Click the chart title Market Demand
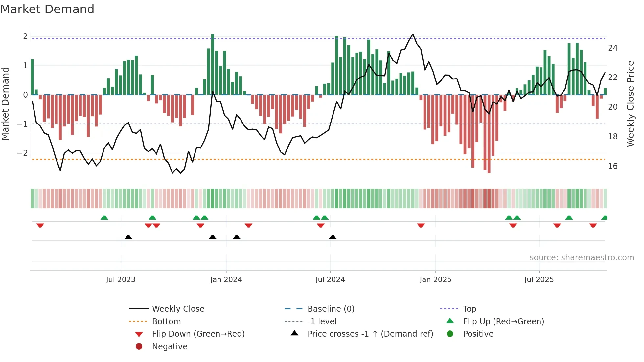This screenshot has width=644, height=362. [47, 9]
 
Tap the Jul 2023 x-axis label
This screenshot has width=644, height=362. [121, 280]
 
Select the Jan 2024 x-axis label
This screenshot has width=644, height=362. [226, 280]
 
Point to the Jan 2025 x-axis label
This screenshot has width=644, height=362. [435, 280]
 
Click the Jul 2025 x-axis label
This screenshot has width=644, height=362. [539, 280]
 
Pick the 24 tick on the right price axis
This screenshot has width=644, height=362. [612, 48]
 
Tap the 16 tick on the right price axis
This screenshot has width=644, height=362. [612, 166]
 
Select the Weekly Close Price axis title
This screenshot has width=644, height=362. [630, 103]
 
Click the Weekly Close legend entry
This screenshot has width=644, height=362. [178, 309]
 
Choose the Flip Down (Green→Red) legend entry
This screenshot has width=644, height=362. [198, 334]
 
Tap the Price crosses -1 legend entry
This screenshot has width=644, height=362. [370, 334]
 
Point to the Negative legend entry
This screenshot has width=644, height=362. [170, 347]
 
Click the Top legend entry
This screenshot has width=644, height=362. [469, 309]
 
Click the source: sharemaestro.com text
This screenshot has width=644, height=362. [582, 258]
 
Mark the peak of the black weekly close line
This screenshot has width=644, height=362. [413, 34]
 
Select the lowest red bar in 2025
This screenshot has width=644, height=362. [489, 135]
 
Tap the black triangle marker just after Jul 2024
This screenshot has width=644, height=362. [333, 237]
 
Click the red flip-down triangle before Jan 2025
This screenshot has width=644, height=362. [421, 225]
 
